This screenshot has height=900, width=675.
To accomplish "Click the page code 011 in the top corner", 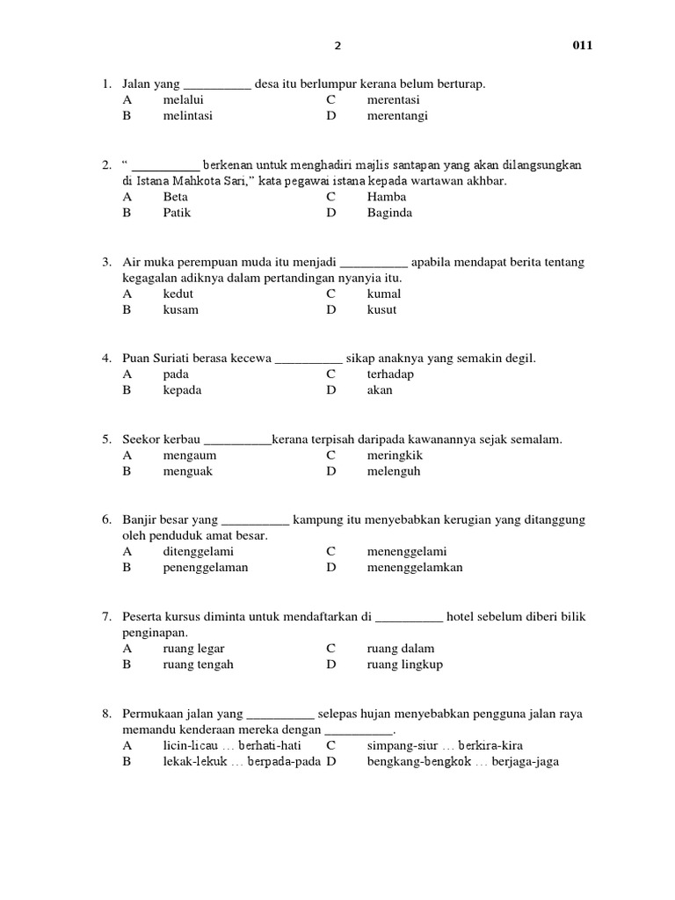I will coord(583,46).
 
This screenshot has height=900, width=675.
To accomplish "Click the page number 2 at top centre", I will coord(337,46).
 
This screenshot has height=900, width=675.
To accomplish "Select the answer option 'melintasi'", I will coord(187,115).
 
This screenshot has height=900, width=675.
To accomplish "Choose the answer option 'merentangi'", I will coord(397,115).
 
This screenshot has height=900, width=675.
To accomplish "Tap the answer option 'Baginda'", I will coord(389,213).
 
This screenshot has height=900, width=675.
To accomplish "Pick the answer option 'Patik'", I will coord(177,213).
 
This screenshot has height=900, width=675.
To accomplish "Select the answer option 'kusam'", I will coord(180,309).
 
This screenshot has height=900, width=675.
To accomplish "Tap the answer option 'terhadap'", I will coord(390,374).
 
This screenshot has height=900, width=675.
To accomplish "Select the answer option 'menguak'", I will coord(187,471).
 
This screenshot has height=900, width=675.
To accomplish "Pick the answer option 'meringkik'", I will coord(396,455).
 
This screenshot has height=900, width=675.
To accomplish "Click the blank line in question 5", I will coord(237,439).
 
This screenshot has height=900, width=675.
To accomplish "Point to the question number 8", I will coord(105,714).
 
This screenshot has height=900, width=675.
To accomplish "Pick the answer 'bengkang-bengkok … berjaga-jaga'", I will coord(462,762).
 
